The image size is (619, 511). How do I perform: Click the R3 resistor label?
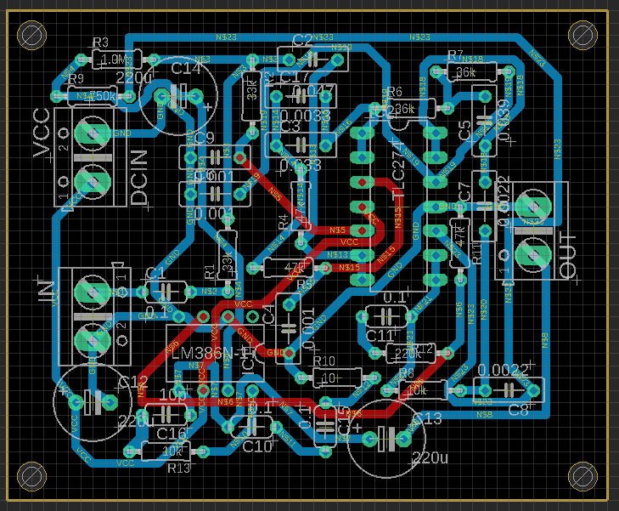point(100,43)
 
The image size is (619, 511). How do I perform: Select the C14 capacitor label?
point(187,68)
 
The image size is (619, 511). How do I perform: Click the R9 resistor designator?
point(76,79)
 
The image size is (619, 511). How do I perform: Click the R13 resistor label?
point(178,468)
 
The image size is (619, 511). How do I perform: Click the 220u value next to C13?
point(428,459)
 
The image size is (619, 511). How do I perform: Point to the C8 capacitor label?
point(518,410)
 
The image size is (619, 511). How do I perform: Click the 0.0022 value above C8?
point(503,369)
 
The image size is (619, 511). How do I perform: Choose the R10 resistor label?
point(324,361)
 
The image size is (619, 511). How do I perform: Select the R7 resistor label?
point(455,56)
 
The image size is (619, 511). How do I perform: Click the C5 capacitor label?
point(464,130)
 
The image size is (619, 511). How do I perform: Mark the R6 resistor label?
point(396,92)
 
